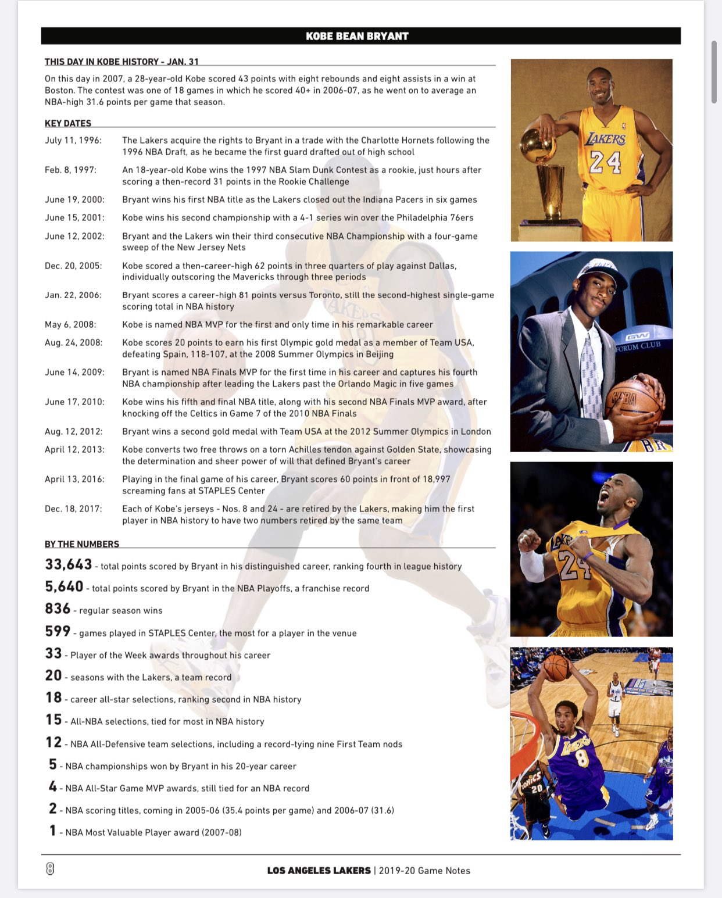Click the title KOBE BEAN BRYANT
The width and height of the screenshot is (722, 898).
357,36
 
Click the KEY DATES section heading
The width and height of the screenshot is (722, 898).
68,123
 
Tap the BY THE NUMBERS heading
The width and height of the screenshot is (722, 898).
82,544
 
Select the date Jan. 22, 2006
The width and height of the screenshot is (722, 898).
73,295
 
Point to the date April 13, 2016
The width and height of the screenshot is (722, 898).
74,480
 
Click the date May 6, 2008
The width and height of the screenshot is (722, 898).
70,325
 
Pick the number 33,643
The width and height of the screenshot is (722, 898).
69,564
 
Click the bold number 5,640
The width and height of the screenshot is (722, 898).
64,586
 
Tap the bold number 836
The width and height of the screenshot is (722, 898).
58,609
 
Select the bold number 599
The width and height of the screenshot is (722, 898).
58,631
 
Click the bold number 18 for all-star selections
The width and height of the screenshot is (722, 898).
53,697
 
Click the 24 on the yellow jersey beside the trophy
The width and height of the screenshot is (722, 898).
605,162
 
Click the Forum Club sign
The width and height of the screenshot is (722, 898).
638,345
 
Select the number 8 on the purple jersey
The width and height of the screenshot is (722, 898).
582,757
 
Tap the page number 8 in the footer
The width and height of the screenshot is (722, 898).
50,869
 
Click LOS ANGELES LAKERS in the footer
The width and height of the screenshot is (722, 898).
319,871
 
